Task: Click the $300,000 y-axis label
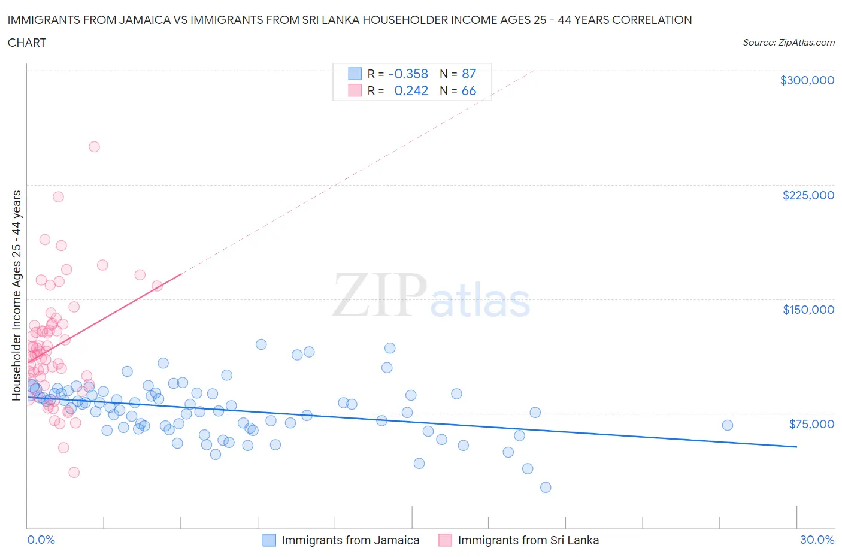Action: pyautogui.click(x=807, y=80)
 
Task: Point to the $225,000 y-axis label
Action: pyautogui.click(x=808, y=195)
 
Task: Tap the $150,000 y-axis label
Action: pyautogui.click(x=808, y=310)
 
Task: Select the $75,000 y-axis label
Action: pyautogui.click(x=811, y=424)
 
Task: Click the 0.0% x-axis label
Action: pyautogui.click(x=41, y=540)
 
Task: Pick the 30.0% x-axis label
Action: pyautogui.click(x=817, y=540)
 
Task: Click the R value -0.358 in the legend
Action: pyautogui.click(x=408, y=74)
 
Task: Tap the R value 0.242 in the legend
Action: pyautogui.click(x=411, y=90)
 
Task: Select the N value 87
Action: pyautogui.click(x=469, y=74)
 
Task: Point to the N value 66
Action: pyautogui.click(x=469, y=90)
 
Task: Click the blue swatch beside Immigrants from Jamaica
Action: pyautogui.click(x=269, y=540)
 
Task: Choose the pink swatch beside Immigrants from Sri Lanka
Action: pyautogui.click(x=445, y=540)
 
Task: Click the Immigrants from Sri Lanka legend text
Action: pyautogui.click(x=528, y=540)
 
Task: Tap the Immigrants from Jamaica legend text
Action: pyautogui.click(x=350, y=540)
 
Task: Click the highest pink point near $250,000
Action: pyautogui.click(x=94, y=147)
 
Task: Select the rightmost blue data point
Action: pyautogui.click(x=728, y=425)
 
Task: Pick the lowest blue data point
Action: pyautogui.click(x=546, y=488)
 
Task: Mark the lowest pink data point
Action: pyautogui.click(x=74, y=473)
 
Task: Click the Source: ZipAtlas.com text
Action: pyautogui.click(x=788, y=43)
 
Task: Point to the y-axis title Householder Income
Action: pyautogui.click(x=17, y=295)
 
